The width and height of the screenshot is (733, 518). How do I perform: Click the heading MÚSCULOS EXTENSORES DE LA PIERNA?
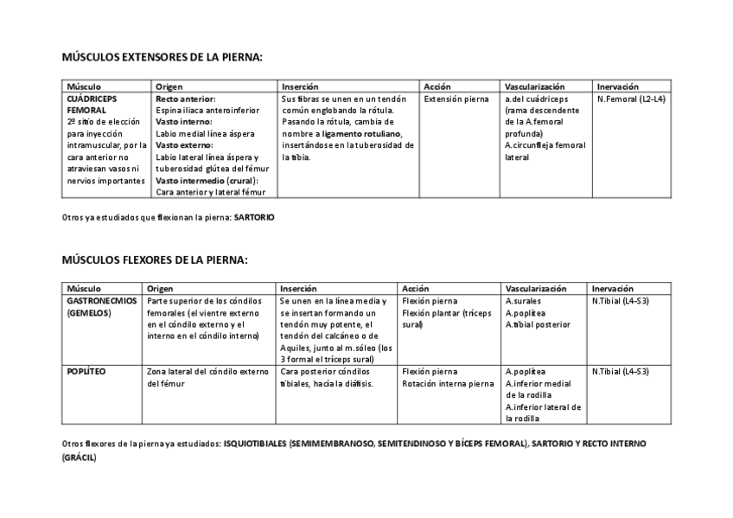click(x=162, y=57)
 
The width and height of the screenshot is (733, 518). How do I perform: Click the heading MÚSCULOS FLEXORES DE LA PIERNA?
click(x=155, y=259)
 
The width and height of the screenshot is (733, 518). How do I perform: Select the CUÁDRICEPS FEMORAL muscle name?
click(x=86, y=105)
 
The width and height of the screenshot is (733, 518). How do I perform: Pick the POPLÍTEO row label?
click(x=86, y=371)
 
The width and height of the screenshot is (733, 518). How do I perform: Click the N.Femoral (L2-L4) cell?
click(x=631, y=99)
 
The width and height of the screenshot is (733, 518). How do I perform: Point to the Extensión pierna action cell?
click(x=456, y=99)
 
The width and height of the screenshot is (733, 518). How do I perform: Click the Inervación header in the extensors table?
click(x=617, y=86)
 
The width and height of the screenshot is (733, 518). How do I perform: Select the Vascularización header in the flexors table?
click(x=535, y=288)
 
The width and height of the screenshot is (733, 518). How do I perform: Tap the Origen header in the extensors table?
click(x=169, y=86)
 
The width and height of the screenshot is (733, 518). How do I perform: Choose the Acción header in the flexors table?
click(x=416, y=288)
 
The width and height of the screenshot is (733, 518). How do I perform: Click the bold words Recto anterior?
click(x=186, y=99)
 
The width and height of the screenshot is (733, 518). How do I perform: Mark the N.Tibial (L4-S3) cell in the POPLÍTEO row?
click(x=621, y=371)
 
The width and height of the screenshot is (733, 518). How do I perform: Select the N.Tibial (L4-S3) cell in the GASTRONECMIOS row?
click(x=621, y=300)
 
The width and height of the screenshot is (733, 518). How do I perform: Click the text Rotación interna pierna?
click(x=448, y=383)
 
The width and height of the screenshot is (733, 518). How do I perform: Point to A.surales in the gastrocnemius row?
click(x=523, y=300)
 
